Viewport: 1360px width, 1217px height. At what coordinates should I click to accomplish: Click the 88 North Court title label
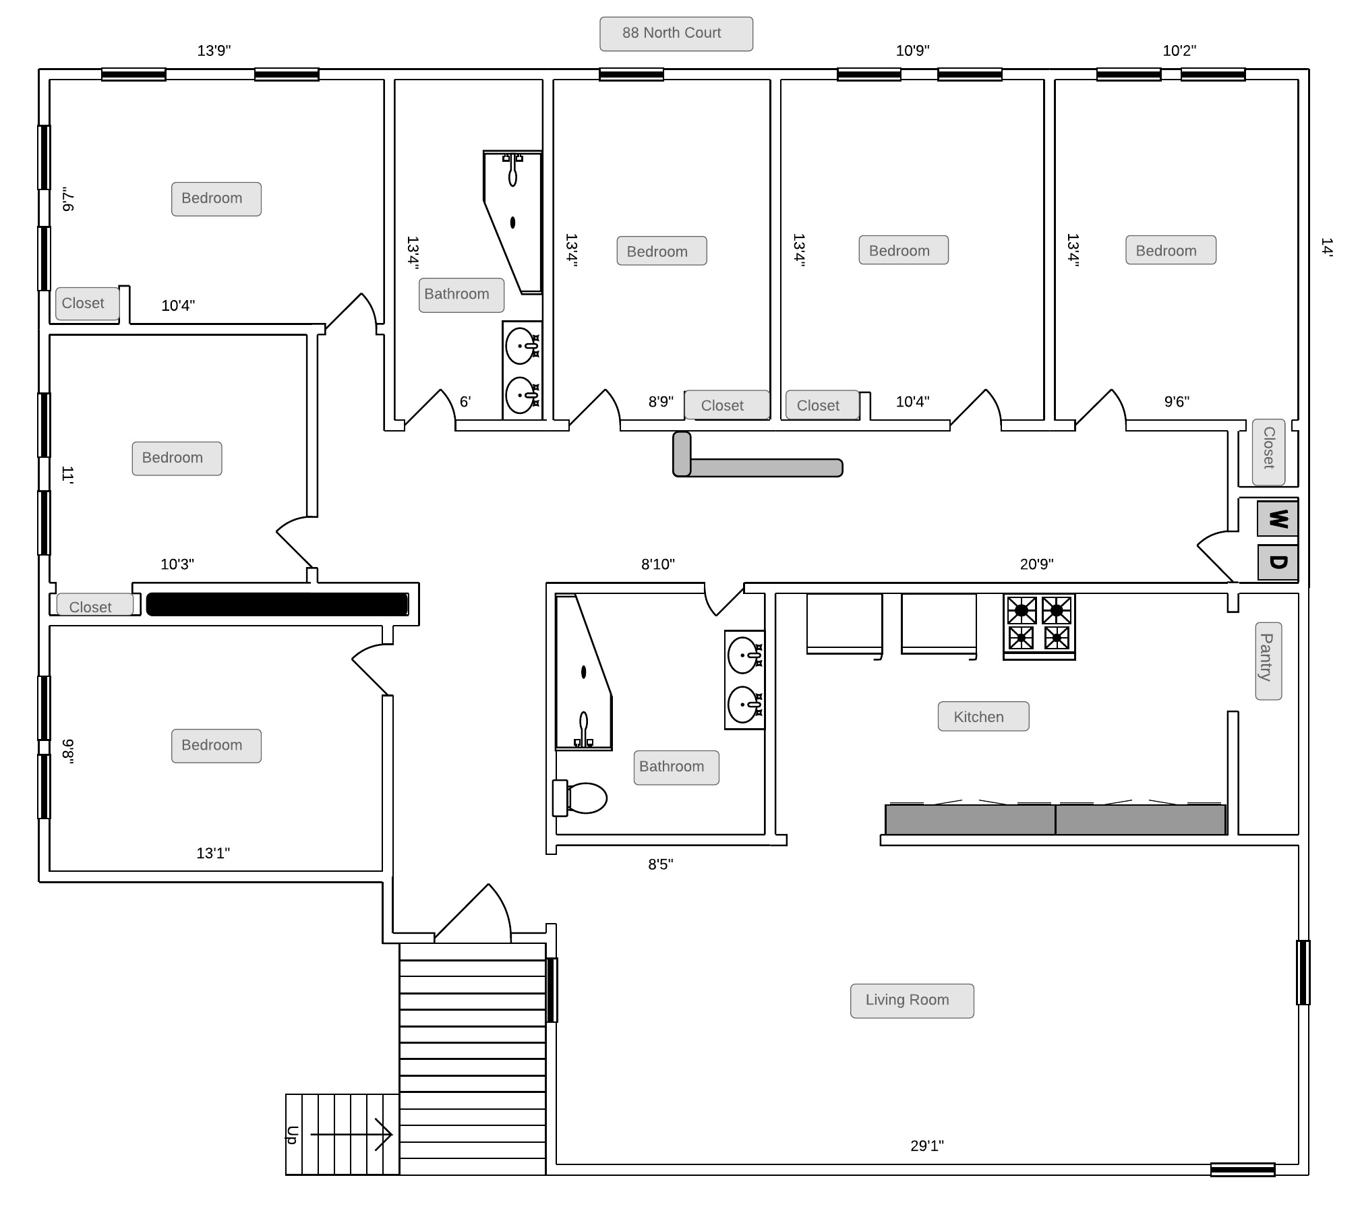pyautogui.click(x=676, y=34)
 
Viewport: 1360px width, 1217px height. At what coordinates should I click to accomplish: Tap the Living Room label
pyautogui.click(x=912, y=1001)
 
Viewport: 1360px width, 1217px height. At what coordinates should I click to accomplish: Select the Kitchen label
pyautogui.click(x=983, y=716)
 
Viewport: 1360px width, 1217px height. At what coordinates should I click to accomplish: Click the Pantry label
pyautogui.click(x=1268, y=661)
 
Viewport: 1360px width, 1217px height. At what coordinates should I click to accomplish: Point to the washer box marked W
pyautogui.click(x=1278, y=519)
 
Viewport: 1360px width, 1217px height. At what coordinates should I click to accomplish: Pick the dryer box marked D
pyautogui.click(x=1278, y=562)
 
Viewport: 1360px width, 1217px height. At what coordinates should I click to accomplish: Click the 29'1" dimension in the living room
pyautogui.click(x=927, y=1146)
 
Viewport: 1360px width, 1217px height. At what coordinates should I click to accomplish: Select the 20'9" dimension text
pyautogui.click(x=1036, y=564)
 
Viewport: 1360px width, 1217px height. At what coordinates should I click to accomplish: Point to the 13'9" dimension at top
pyautogui.click(x=214, y=51)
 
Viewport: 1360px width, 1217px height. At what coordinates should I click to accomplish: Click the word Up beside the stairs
pyautogui.click(x=292, y=1135)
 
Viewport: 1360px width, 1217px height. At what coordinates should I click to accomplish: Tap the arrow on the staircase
pyautogui.click(x=351, y=1135)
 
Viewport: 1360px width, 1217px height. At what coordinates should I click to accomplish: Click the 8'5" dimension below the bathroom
pyautogui.click(x=661, y=864)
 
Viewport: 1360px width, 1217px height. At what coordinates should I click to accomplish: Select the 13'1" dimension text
pyautogui.click(x=213, y=853)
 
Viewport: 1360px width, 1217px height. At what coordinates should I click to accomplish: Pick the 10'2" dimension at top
pyautogui.click(x=1179, y=51)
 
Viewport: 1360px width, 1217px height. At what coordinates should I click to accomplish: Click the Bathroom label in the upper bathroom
pyautogui.click(x=461, y=295)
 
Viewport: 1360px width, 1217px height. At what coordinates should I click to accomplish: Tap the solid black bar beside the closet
pyautogui.click(x=277, y=604)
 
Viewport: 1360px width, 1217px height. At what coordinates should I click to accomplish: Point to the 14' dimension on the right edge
pyautogui.click(x=1326, y=247)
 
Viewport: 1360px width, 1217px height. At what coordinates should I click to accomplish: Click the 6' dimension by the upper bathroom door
pyautogui.click(x=465, y=402)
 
